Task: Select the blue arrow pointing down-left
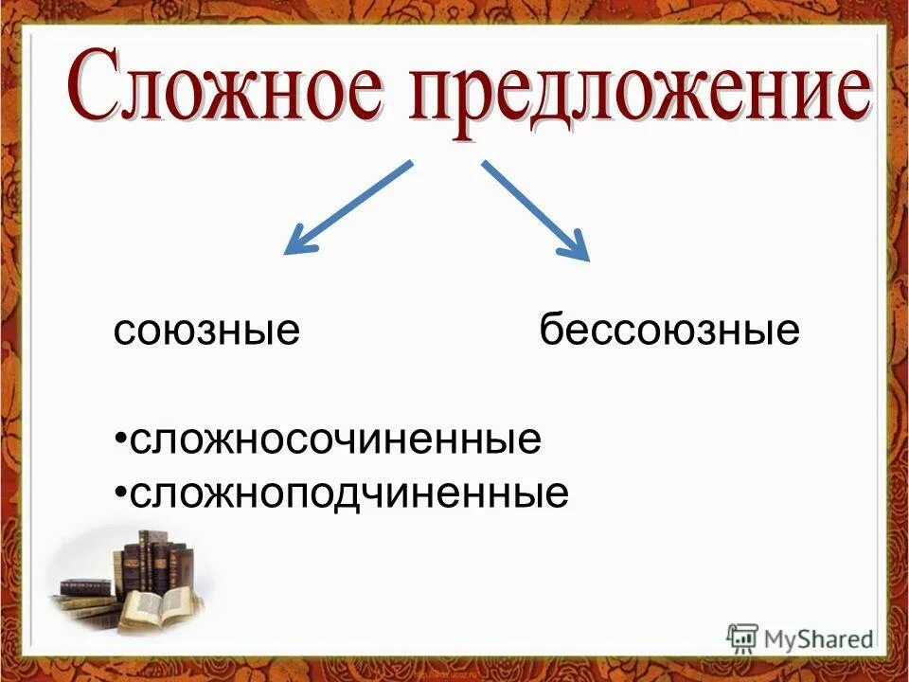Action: (348, 207)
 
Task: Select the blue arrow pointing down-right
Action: (535, 209)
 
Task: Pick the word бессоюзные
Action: (669, 332)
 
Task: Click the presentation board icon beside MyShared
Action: (742, 637)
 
